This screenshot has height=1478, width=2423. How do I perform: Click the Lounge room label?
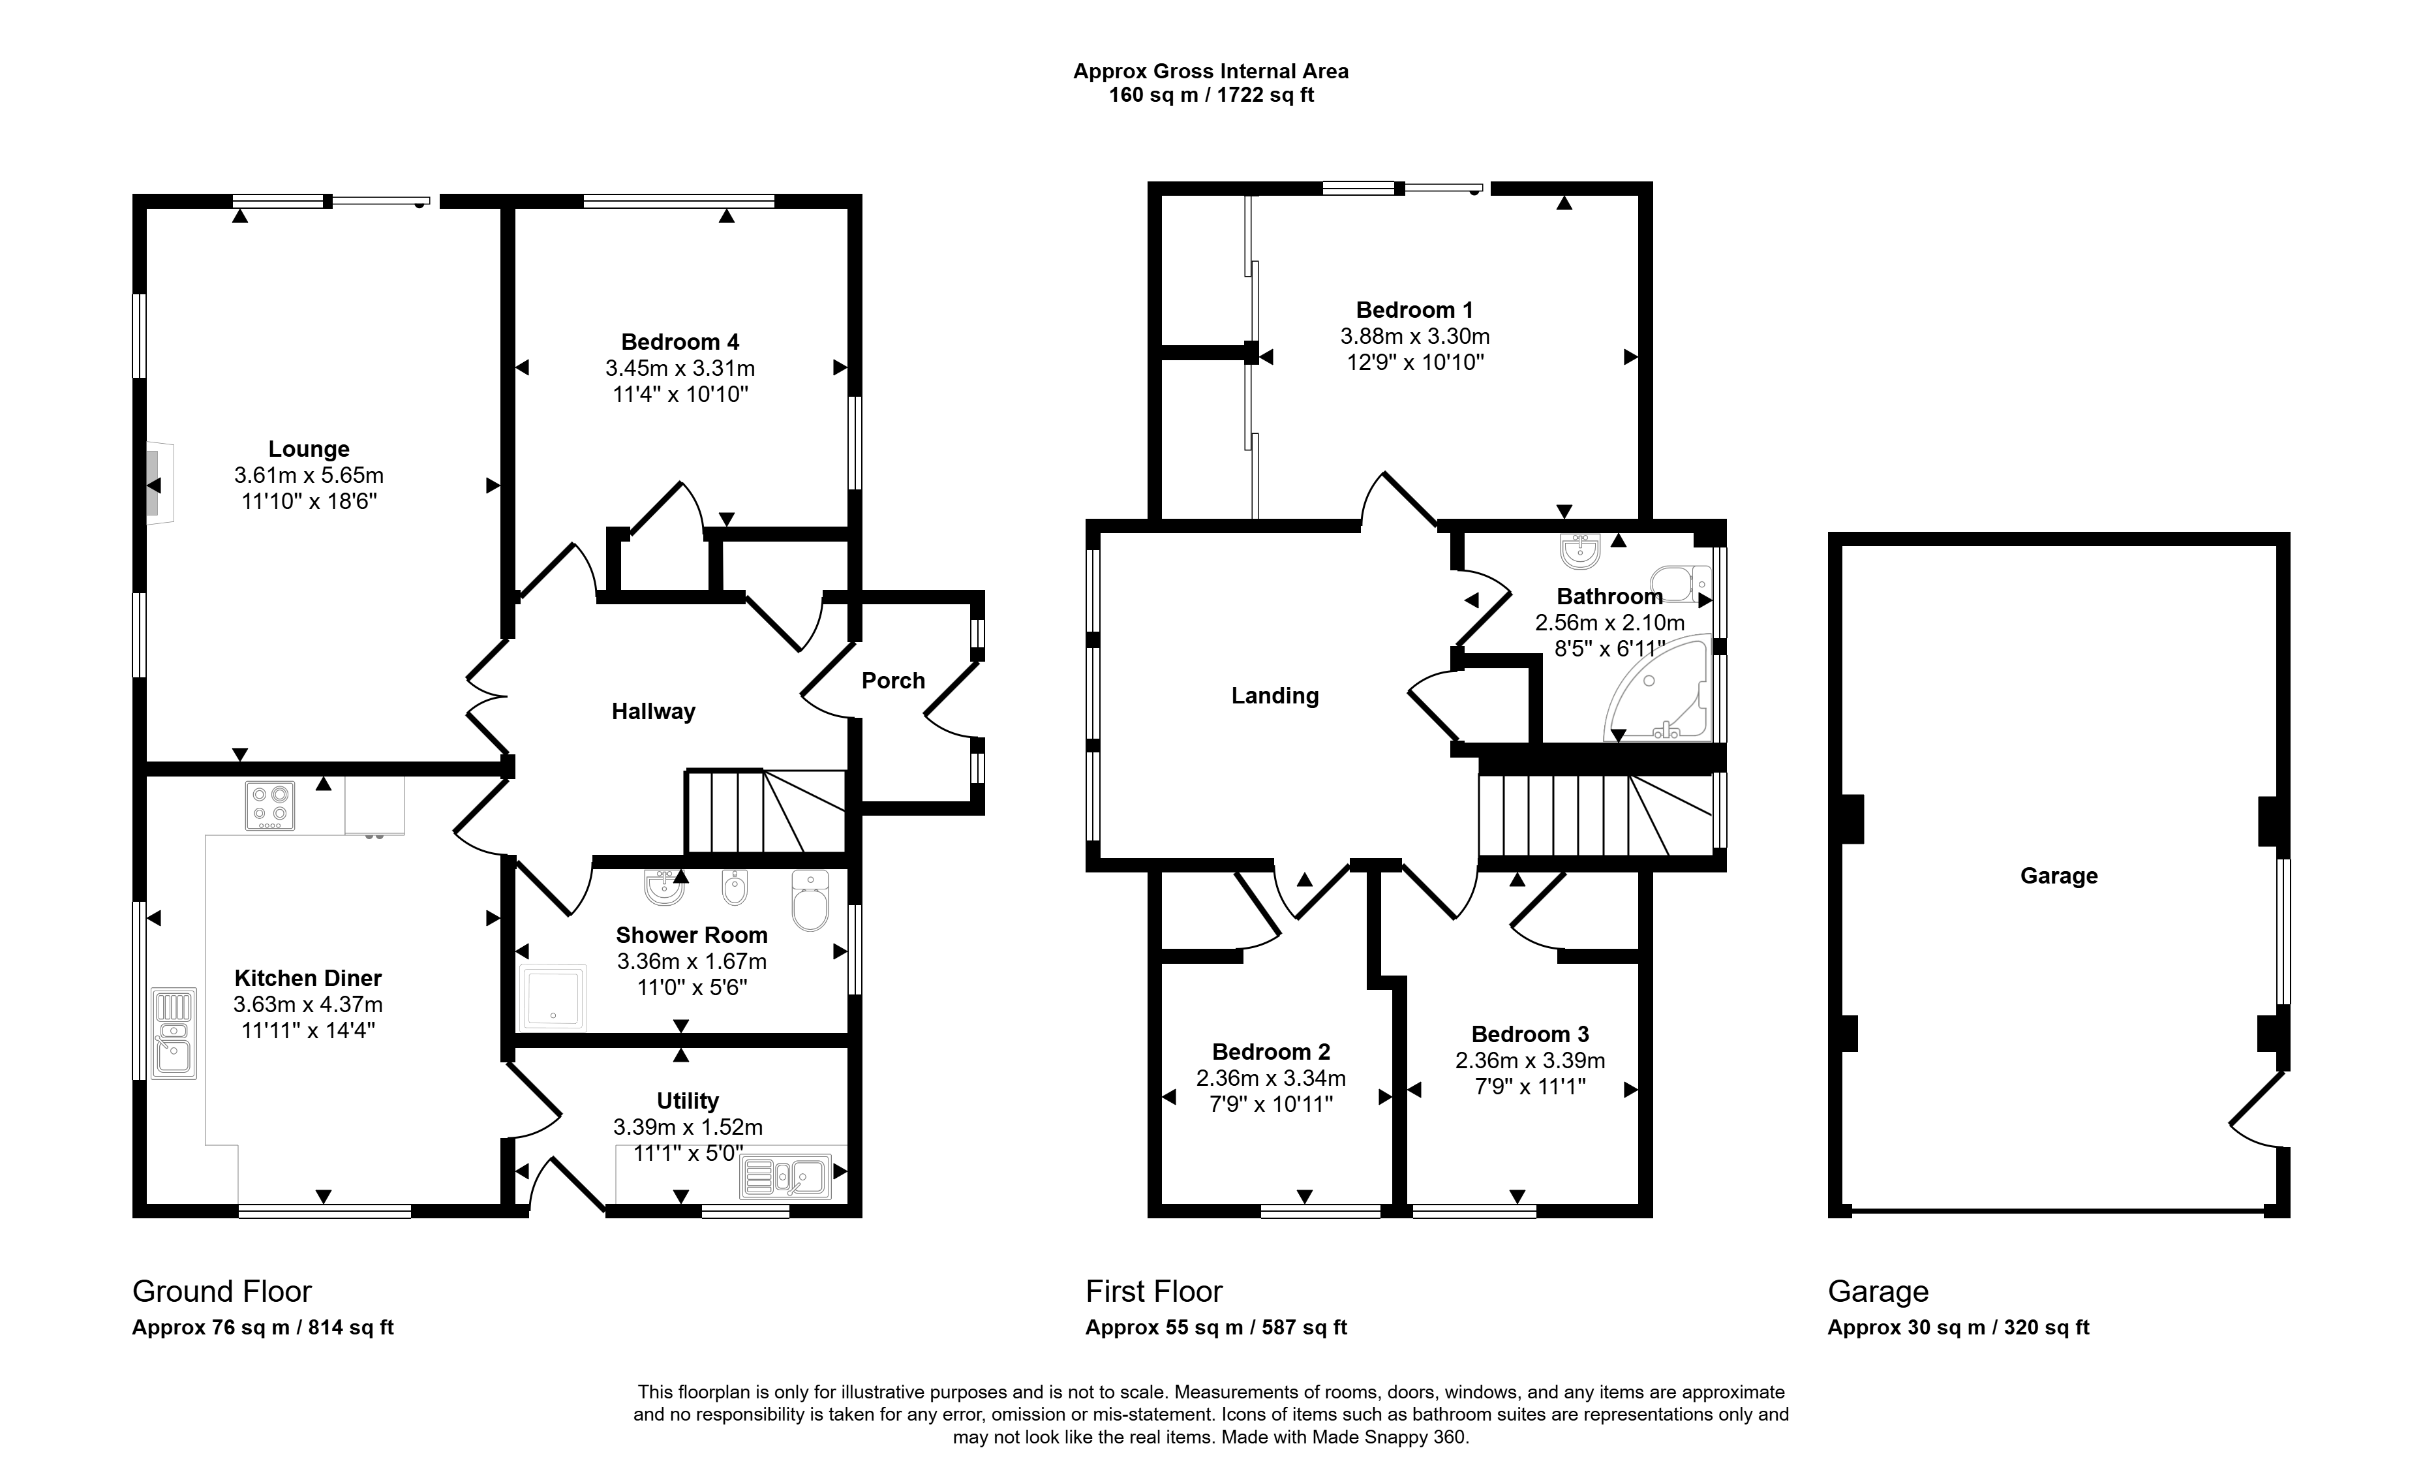coord(309,450)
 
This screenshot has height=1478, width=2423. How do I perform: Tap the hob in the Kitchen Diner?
coord(269,805)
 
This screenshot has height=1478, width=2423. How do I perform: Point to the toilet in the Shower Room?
coord(810,901)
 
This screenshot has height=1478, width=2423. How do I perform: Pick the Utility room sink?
coord(785,1176)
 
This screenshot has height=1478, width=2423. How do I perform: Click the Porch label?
coord(893,681)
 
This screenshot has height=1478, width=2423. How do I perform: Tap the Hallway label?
coord(653,711)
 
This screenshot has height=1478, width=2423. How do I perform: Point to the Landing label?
coord(1274,696)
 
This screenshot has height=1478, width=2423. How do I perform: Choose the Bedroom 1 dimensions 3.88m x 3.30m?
coord(1415,336)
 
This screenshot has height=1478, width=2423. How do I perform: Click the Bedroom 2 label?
coord(1270,1051)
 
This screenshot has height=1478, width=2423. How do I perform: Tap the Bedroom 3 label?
coord(1530,1034)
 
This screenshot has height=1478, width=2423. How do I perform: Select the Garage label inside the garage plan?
coord(2059,876)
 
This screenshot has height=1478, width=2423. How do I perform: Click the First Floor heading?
coord(1153,1291)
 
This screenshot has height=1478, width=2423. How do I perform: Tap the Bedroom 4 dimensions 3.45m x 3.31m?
coord(680,369)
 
